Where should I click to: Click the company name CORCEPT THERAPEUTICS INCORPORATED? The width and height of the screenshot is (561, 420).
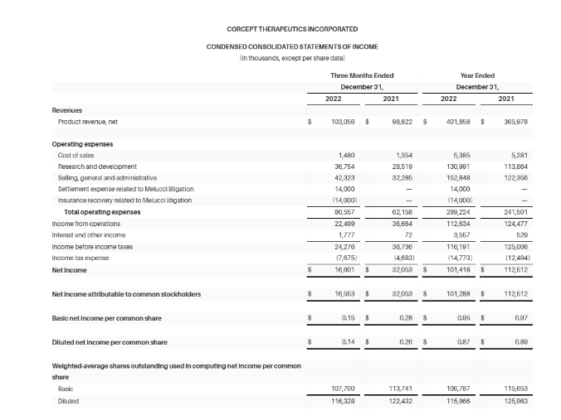(x=280, y=29)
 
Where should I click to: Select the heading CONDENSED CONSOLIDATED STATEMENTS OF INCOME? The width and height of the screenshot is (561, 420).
(x=280, y=46)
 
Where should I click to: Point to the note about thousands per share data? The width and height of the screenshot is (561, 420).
(x=280, y=57)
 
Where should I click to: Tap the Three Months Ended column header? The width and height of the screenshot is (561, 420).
(x=362, y=75)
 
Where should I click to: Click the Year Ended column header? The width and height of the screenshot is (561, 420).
(x=477, y=75)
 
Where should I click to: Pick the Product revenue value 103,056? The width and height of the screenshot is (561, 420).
(x=343, y=122)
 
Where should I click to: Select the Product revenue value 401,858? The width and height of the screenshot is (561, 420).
(x=458, y=122)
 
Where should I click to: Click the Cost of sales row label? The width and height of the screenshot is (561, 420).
(x=76, y=155)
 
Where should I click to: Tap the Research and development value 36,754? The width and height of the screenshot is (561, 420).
(x=343, y=167)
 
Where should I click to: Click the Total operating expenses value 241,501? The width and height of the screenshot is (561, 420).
(x=516, y=211)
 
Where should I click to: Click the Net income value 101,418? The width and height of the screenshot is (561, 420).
(x=458, y=269)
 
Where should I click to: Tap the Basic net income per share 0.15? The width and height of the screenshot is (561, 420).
(x=347, y=317)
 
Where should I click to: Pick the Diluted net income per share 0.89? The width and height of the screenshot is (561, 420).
(x=520, y=341)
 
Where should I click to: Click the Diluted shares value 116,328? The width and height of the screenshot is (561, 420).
(x=343, y=401)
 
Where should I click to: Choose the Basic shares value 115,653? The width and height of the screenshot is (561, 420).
(x=516, y=389)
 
